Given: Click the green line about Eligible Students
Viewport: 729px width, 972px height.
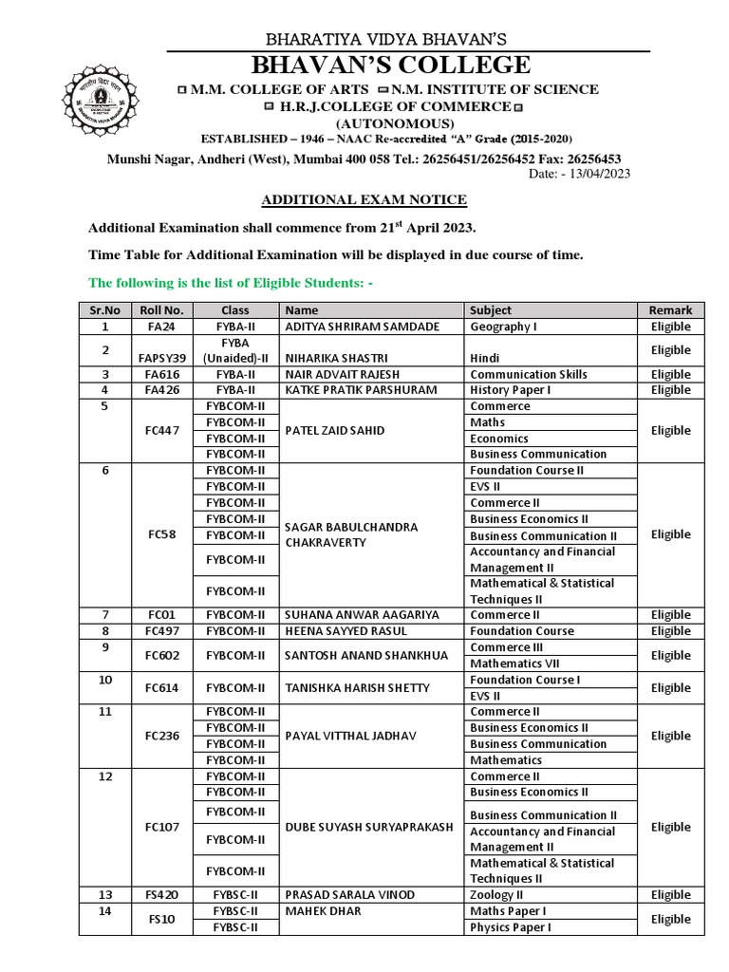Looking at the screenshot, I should click(x=231, y=282).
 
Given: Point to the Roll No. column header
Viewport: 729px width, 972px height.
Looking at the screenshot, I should click(x=162, y=310).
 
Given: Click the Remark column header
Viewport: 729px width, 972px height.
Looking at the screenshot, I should click(x=670, y=310).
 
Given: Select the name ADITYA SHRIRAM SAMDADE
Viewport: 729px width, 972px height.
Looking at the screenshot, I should click(x=364, y=327).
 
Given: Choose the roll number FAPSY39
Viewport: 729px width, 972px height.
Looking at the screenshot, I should click(x=162, y=358).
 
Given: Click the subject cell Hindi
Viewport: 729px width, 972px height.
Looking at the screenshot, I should click(x=485, y=358).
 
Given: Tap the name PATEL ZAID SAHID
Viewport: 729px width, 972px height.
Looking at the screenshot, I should click(x=335, y=430).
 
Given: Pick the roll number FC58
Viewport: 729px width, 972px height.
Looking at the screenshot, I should click(x=162, y=534).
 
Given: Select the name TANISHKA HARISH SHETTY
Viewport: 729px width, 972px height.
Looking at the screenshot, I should click(x=358, y=688).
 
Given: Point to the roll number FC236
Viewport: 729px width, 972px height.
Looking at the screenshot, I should click(x=162, y=736).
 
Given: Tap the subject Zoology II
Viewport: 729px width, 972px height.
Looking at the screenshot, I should click(x=497, y=895).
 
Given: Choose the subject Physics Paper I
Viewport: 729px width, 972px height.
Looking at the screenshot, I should click(x=511, y=927).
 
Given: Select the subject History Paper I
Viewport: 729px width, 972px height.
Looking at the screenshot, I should click(x=511, y=390).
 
